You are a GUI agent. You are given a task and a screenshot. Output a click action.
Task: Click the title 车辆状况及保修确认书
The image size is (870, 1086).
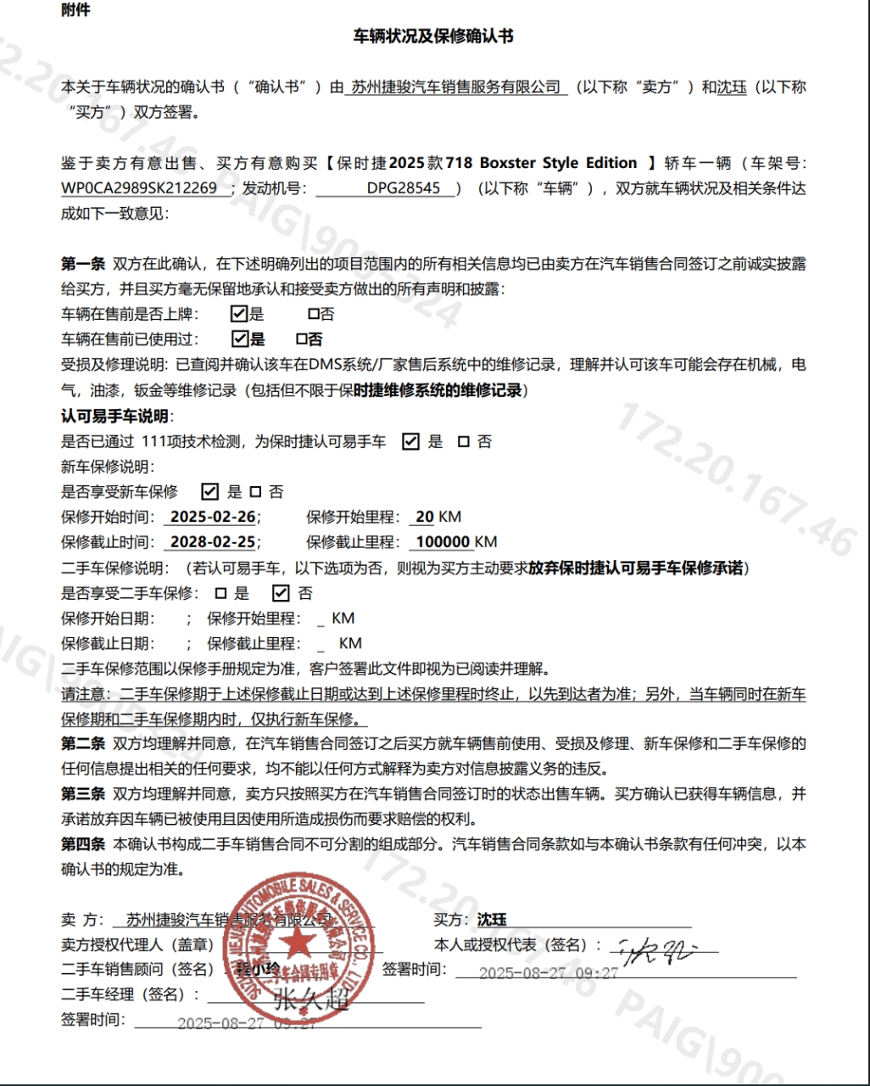[x=433, y=36]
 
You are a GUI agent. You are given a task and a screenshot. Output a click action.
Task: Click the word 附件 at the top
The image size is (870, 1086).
[x=75, y=10]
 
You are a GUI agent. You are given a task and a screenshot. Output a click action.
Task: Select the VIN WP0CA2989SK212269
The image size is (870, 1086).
[x=139, y=188]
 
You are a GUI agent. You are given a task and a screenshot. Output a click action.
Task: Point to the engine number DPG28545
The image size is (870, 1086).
[x=404, y=188]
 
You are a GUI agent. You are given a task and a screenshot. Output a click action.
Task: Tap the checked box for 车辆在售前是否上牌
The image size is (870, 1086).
[x=239, y=314]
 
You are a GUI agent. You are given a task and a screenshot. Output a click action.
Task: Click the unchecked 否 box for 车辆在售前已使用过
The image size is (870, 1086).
[x=301, y=339]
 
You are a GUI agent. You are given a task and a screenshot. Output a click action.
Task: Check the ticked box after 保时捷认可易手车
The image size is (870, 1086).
[x=410, y=441]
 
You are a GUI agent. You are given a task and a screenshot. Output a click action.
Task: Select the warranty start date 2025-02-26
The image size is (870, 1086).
[x=213, y=517]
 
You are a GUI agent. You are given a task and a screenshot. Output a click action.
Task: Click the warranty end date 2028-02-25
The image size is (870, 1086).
[x=213, y=542]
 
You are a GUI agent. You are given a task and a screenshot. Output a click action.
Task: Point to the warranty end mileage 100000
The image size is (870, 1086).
[x=443, y=542]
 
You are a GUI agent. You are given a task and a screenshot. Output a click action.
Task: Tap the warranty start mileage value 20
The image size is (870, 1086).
[x=425, y=517]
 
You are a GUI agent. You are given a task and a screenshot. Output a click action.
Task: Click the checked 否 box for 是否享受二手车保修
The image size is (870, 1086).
[x=281, y=593]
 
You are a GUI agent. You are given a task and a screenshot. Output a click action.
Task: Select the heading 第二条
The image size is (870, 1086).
[x=82, y=744]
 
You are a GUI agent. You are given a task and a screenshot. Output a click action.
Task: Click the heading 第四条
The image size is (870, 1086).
[x=82, y=844]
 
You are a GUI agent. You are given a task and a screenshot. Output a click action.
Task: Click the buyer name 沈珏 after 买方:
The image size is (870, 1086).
[x=492, y=920]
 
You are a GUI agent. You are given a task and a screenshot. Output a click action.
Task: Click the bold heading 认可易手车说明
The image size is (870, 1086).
[x=114, y=416]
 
